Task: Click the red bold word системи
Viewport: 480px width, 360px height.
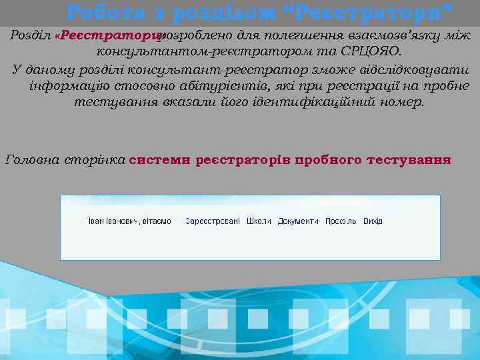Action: [159, 160]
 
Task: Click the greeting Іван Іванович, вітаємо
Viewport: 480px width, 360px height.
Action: [130, 221]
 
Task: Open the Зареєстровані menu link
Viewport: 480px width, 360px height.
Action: [213, 221]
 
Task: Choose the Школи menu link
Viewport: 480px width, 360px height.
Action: [259, 221]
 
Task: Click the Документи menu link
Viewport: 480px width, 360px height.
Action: [298, 221]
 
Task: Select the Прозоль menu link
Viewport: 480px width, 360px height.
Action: [341, 221]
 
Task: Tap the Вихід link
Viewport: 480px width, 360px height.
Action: [373, 221]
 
